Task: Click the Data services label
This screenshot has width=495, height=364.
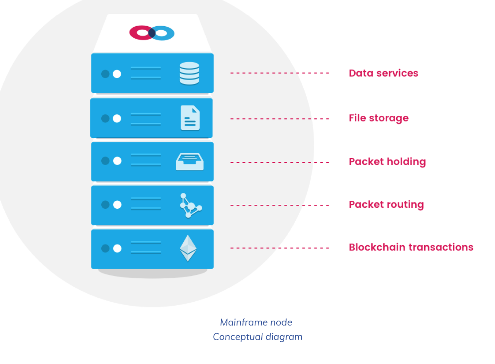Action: coord(383,73)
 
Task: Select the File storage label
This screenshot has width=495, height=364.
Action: coord(378,118)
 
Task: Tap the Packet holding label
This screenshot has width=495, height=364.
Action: coord(387,161)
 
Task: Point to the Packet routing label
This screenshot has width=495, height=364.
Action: coord(386,204)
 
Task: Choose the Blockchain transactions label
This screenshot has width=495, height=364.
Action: coord(411,247)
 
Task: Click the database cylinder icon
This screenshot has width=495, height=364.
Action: coord(189,73)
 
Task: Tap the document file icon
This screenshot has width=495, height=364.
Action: coord(190,118)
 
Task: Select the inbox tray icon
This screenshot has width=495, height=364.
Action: coord(190,161)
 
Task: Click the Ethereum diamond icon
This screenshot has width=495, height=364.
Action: coord(188,248)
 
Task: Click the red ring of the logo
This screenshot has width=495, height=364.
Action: coord(139,33)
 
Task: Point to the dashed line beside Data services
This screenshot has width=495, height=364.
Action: coord(280,73)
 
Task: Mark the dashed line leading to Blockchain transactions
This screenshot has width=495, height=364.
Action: coord(280,248)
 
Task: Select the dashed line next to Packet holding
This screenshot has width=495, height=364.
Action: coord(280,162)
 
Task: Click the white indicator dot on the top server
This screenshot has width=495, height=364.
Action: coord(117,74)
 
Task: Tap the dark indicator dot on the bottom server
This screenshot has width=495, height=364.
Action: coord(105,248)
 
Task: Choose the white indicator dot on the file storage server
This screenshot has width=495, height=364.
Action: coord(117,118)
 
